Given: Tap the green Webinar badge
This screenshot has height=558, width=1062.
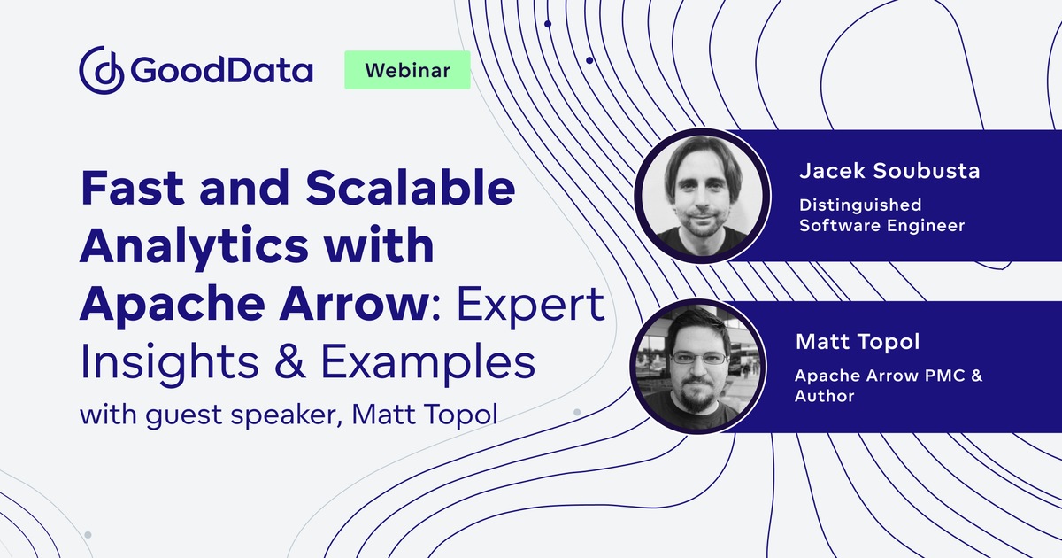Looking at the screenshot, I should (x=406, y=70).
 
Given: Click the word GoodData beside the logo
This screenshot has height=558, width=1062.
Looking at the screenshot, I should (x=221, y=70).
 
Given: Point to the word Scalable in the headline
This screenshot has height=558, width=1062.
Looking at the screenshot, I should (x=404, y=190).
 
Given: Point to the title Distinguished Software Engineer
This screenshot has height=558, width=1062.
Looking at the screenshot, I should (x=881, y=214).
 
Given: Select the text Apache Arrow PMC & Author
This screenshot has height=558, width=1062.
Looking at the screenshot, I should (x=888, y=385).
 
